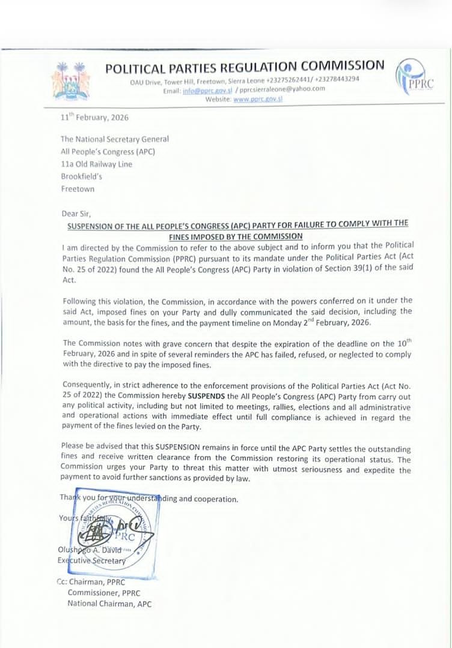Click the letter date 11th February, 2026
tap(94, 118)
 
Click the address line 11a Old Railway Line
tap(96, 164)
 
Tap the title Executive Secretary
tap(92, 560)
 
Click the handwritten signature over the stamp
tap(111, 532)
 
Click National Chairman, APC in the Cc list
tap(109, 604)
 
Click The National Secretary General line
tap(114, 139)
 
